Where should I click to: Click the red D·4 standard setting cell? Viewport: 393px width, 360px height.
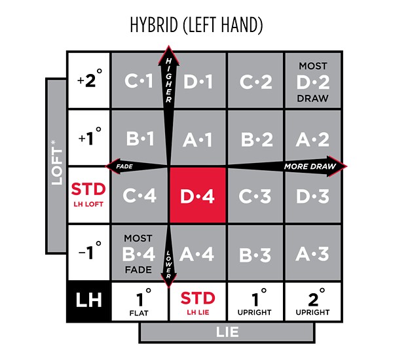tap(198, 195)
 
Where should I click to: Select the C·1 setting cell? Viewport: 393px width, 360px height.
tap(140, 81)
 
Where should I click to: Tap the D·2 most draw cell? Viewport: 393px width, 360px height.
tap(313, 81)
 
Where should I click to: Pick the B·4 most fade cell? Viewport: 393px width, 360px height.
tap(140, 253)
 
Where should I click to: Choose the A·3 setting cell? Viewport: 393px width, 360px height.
tap(313, 253)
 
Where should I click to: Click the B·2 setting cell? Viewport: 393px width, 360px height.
tap(255, 138)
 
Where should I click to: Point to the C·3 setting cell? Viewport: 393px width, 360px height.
tap(255, 195)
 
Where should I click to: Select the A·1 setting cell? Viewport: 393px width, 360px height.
tap(198, 138)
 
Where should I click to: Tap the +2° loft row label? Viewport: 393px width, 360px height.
tap(89, 81)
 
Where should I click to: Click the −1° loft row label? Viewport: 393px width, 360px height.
tap(89, 253)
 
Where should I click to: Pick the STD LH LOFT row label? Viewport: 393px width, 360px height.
tap(89, 195)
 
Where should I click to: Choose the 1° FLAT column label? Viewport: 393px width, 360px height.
tap(140, 301)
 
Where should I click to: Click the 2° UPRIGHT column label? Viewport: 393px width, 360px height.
tap(313, 301)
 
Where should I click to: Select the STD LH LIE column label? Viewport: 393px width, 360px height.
tap(198, 301)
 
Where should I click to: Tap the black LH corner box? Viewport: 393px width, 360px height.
tap(89, 300)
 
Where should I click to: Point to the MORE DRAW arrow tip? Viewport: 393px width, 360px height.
tap(347, 166)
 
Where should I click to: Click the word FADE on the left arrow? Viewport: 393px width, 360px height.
tap(124, 166)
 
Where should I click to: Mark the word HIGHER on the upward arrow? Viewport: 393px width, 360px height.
tap(169, 80)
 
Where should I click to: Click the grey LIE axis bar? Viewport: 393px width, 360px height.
tap(227, 333)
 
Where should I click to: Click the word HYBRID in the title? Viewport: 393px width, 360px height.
tap(154, 25)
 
